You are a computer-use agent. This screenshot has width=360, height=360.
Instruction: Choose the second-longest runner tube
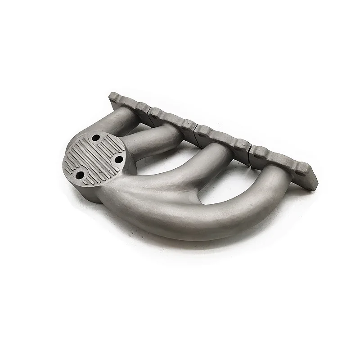(x=198, y=162)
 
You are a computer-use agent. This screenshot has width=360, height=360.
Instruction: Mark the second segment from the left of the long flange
(x=173, y=119)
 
